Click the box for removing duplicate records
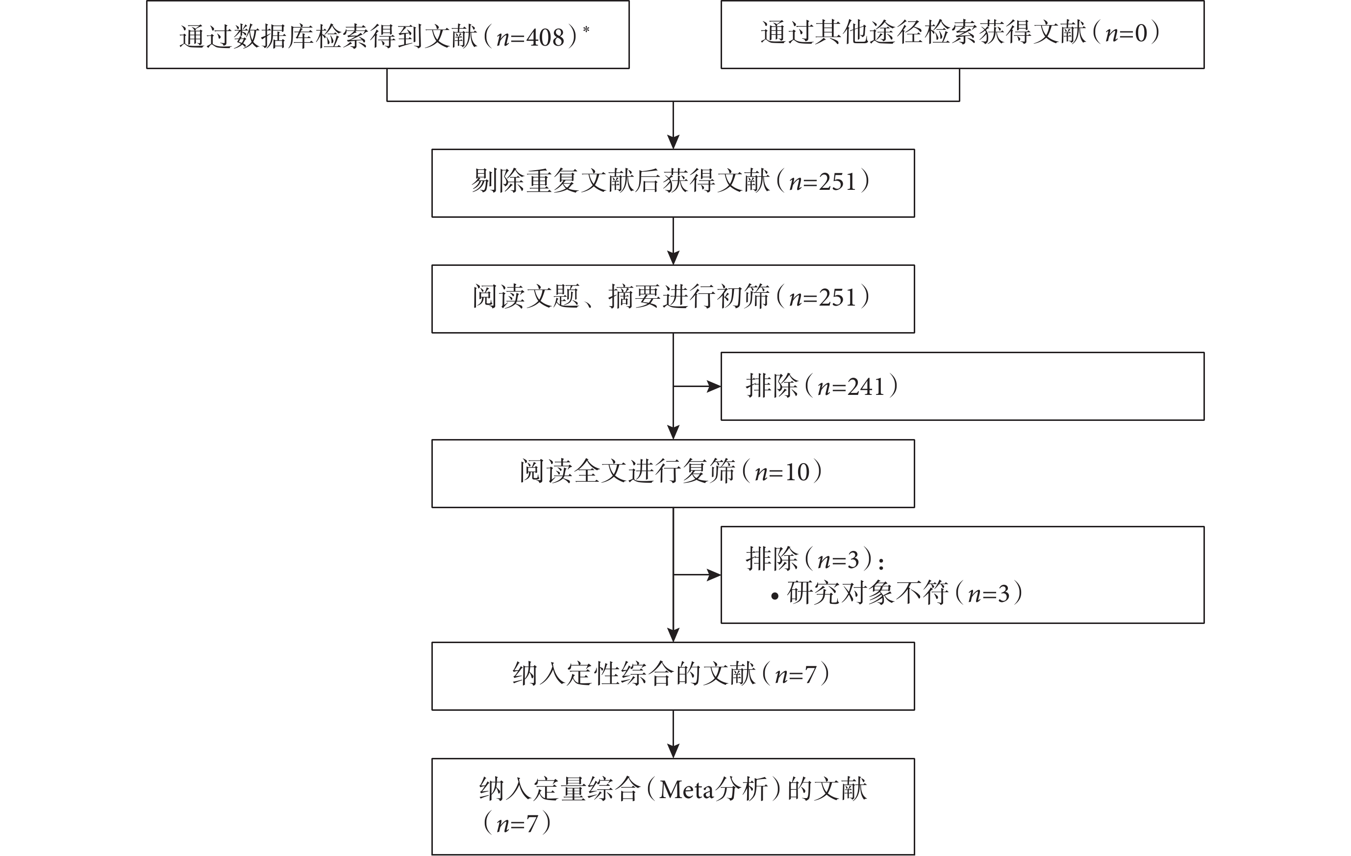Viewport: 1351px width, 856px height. click(673, 183)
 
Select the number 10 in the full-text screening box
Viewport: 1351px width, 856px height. click(797, 472)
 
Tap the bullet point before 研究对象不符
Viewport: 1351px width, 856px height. click(775, 597)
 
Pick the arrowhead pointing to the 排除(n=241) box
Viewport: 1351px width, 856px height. click(714, 386)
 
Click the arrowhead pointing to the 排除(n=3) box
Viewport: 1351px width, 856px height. click(714, 575)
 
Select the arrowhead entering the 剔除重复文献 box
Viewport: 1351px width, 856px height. click(673, 142)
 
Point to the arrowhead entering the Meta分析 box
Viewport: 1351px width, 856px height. click(673, 751)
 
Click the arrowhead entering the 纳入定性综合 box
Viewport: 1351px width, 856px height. click(673, 635)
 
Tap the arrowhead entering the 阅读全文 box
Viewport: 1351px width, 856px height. click(673, 432)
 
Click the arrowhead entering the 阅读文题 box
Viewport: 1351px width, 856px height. click(673, 258)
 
